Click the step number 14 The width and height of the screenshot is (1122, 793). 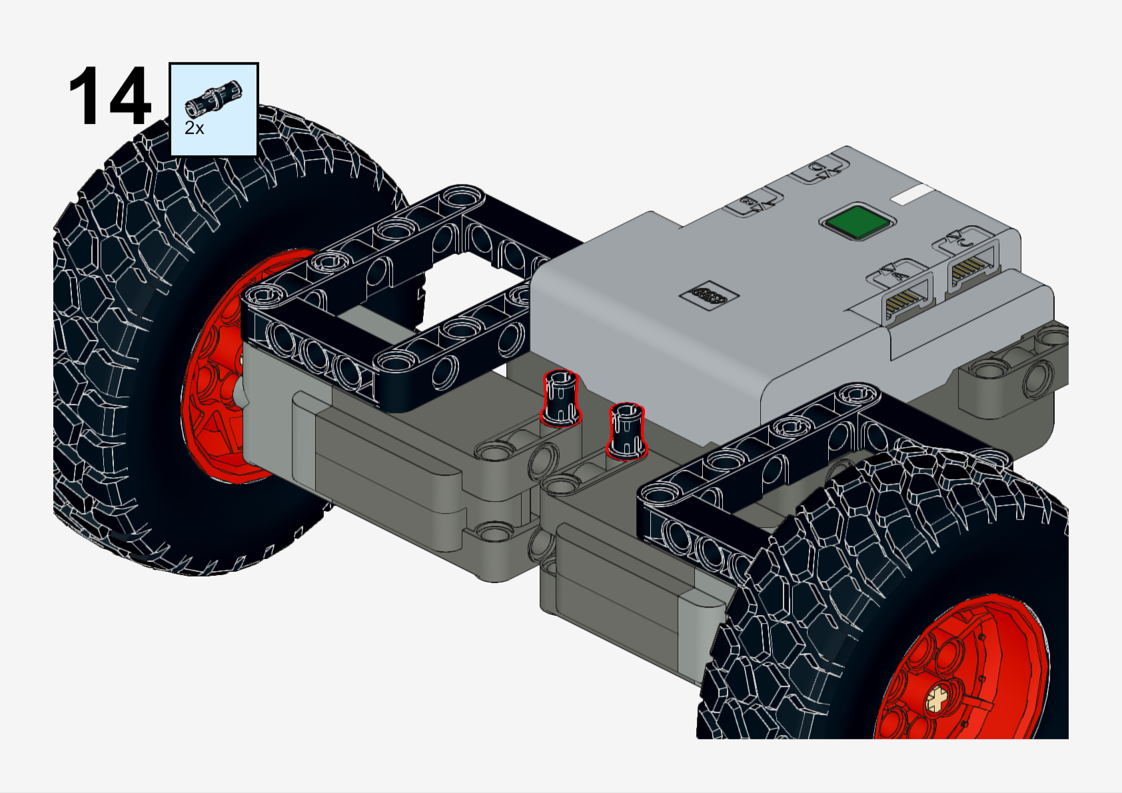pos(109,95)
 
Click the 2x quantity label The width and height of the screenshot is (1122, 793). pos(195,128)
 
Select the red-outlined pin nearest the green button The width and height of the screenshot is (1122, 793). pos(626,430)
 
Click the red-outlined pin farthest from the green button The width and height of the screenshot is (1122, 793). pos(561,398)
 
